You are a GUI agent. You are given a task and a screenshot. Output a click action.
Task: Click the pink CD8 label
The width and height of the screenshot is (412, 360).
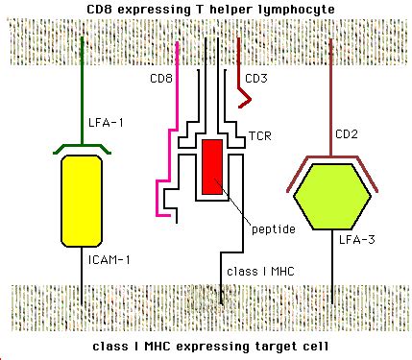163,80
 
